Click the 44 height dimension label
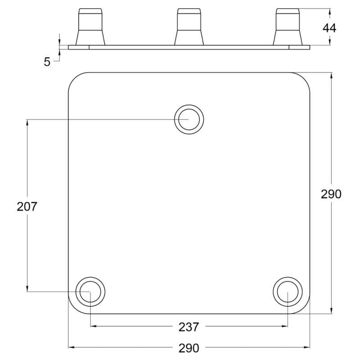[x=329, y=28]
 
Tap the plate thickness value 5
[x=47, y=62]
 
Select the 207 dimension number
[x=27, y=207]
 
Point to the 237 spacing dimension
[x=189, y=327]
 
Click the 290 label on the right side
[x=331, y=194]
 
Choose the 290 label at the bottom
[x=189, y=348]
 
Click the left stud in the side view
[x=90, y=27]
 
